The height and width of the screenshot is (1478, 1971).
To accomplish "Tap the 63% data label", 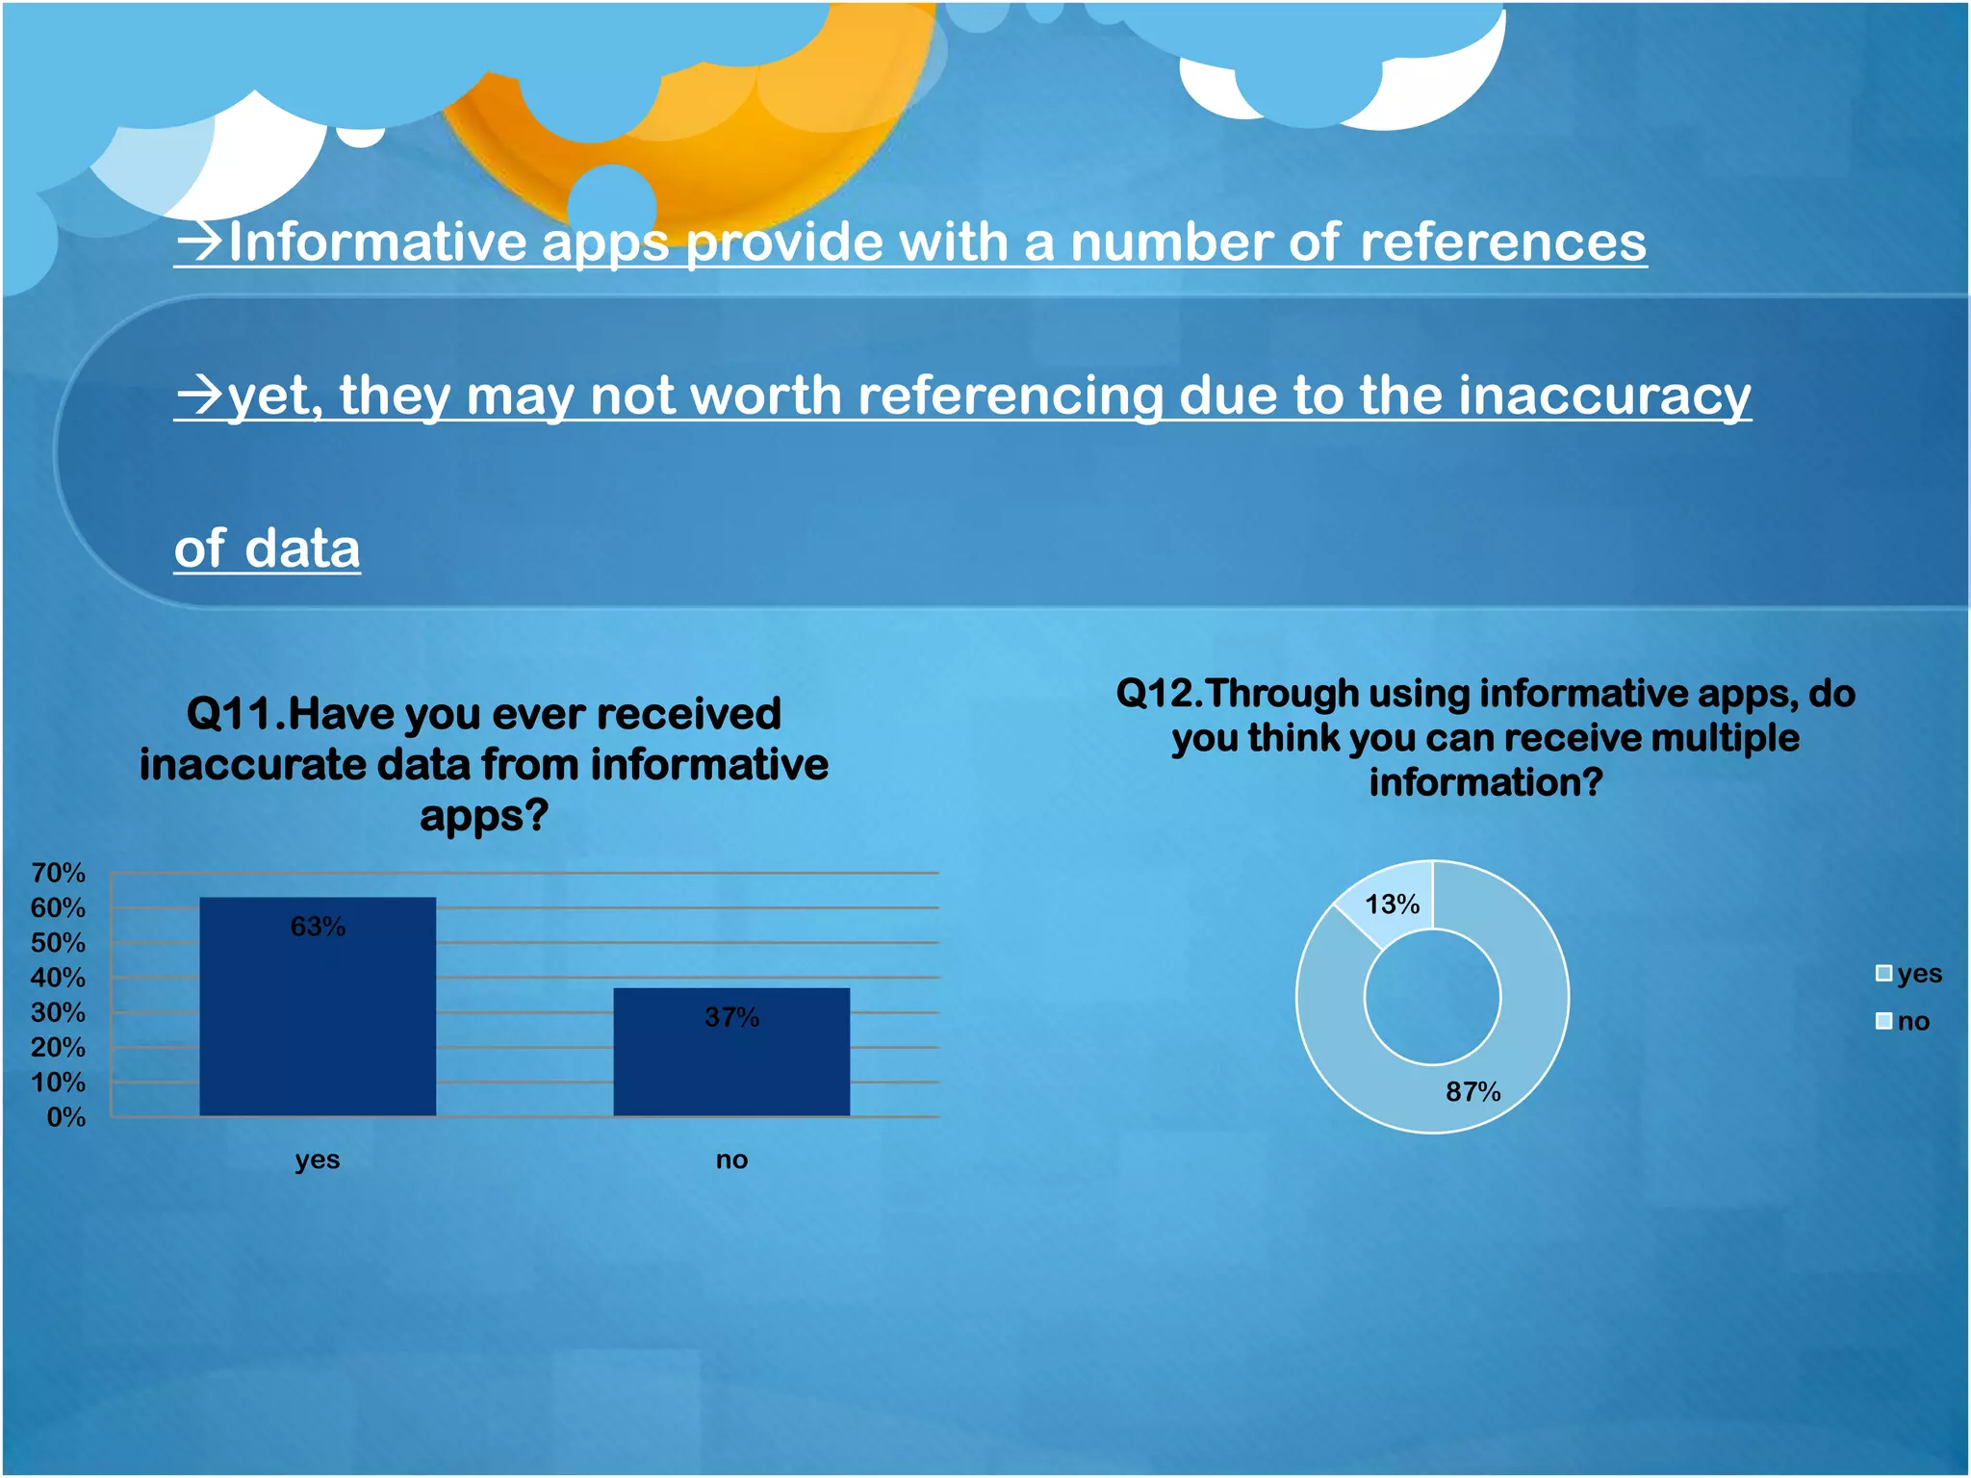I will pos(318,927).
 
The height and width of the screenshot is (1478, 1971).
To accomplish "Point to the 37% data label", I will pos(731,1017).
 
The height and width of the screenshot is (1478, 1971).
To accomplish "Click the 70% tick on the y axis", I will pos(58,873).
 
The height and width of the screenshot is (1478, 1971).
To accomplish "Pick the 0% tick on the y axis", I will pos(65,1117).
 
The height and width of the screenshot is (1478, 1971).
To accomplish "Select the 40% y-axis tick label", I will pos(58,978).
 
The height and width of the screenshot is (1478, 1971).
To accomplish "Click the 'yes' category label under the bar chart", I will pos(318,1159).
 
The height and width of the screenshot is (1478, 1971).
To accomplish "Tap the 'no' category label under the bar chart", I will pos(731,1159).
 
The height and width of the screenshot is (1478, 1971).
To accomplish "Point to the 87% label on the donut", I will pos(1472,1091).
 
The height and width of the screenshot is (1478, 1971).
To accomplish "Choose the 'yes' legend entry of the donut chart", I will pos(1909,974).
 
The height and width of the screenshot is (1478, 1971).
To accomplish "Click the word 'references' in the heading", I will pos(1502,242).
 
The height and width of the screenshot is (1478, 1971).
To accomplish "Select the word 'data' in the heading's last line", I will pos(302,548).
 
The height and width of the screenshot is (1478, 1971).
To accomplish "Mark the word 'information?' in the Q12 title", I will pos(1485,782).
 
